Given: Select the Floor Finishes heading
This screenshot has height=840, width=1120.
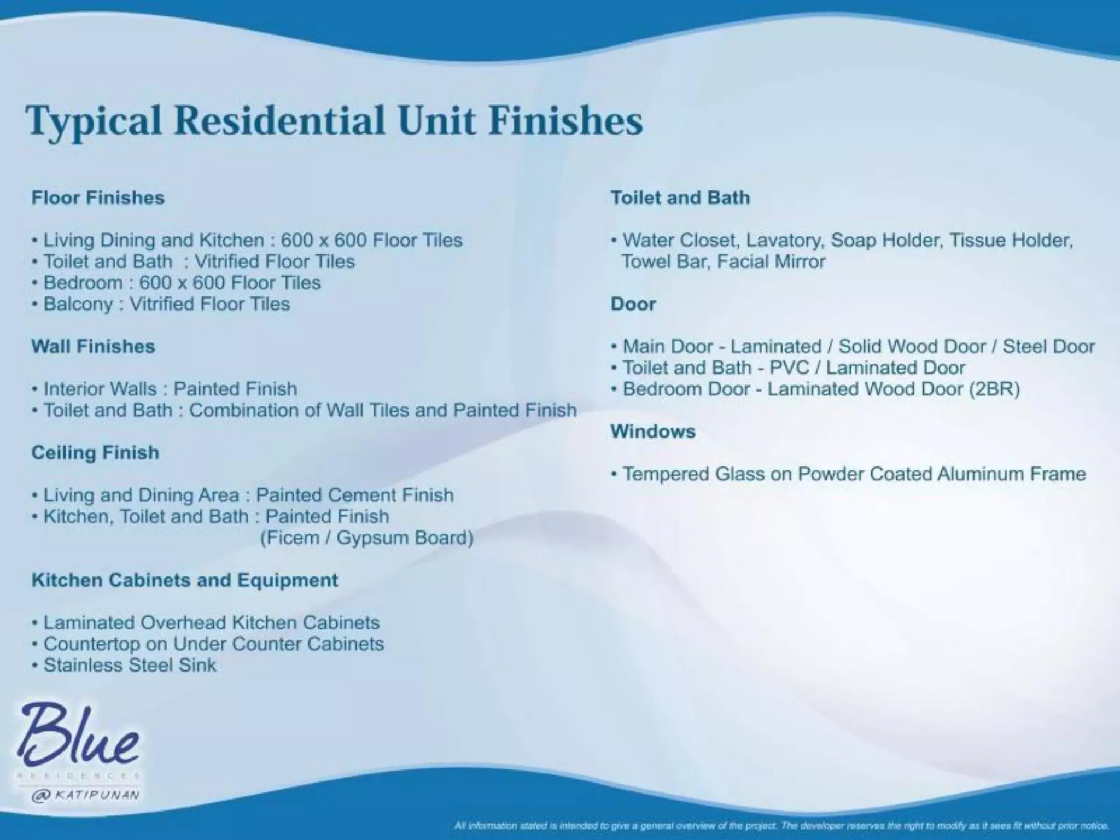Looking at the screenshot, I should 98,197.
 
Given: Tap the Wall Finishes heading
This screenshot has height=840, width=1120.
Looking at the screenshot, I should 93,346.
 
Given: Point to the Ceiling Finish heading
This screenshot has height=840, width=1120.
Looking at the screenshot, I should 95,453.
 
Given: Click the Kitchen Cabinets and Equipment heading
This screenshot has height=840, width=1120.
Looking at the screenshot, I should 185,580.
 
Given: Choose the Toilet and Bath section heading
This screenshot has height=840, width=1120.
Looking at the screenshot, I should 680,197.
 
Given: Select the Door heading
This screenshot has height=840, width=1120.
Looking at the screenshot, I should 633,304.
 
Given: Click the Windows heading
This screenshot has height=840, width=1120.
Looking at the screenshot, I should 653,431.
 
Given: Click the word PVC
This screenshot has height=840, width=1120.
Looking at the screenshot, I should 789,368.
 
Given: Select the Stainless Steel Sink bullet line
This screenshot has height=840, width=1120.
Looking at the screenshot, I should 130,666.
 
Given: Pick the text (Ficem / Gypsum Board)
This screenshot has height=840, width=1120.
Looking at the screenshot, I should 366,538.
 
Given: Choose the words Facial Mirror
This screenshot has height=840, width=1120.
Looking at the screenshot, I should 771,262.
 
